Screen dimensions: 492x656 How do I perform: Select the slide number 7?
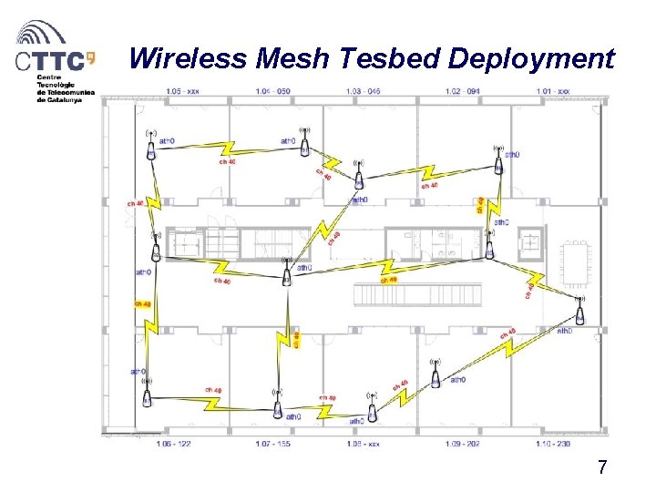(x=602, y=468)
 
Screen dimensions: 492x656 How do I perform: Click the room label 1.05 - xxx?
(x=183, y=91)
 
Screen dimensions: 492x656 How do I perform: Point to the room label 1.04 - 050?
(x=272, y=91)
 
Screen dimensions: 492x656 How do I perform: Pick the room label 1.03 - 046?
(x=364, y=91)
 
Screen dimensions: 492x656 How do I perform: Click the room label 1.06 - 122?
(x=173, y=444)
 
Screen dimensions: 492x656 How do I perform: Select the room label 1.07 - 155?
(x=272, y=444)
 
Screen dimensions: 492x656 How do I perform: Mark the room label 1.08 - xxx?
(x=364, y=444)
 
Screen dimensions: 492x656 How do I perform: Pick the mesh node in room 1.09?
(x=436, y=374)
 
